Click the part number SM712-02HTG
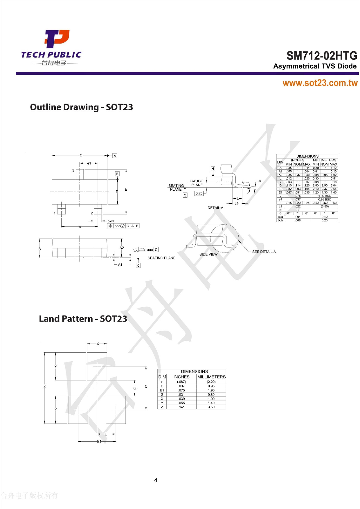click(x=322, y=55)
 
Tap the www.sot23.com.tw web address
click(x=320, y=83)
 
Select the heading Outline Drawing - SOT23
click(x=82, y=107)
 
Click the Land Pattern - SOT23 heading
click(x=83, y=319)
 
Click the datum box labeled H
click(x=213, y=169)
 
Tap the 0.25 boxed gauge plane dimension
click(x=199, y=193)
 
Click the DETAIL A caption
click(x=215, y=208)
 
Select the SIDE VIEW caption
click(x=208, y=254)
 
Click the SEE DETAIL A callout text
click(x=264, y=252)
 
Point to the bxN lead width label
click(x=111, y=221)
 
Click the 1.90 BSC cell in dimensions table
click(x=324, y=196)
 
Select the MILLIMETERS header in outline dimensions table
click(x=324, y=160)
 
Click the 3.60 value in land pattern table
click(x=211, y=407)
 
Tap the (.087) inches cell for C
click(x=181, y=382)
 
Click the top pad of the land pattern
click(x=97, y=366)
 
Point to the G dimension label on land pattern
click(x=135, y=388)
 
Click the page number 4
click(x=156, y=480)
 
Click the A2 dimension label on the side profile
click(x=122, y=248)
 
